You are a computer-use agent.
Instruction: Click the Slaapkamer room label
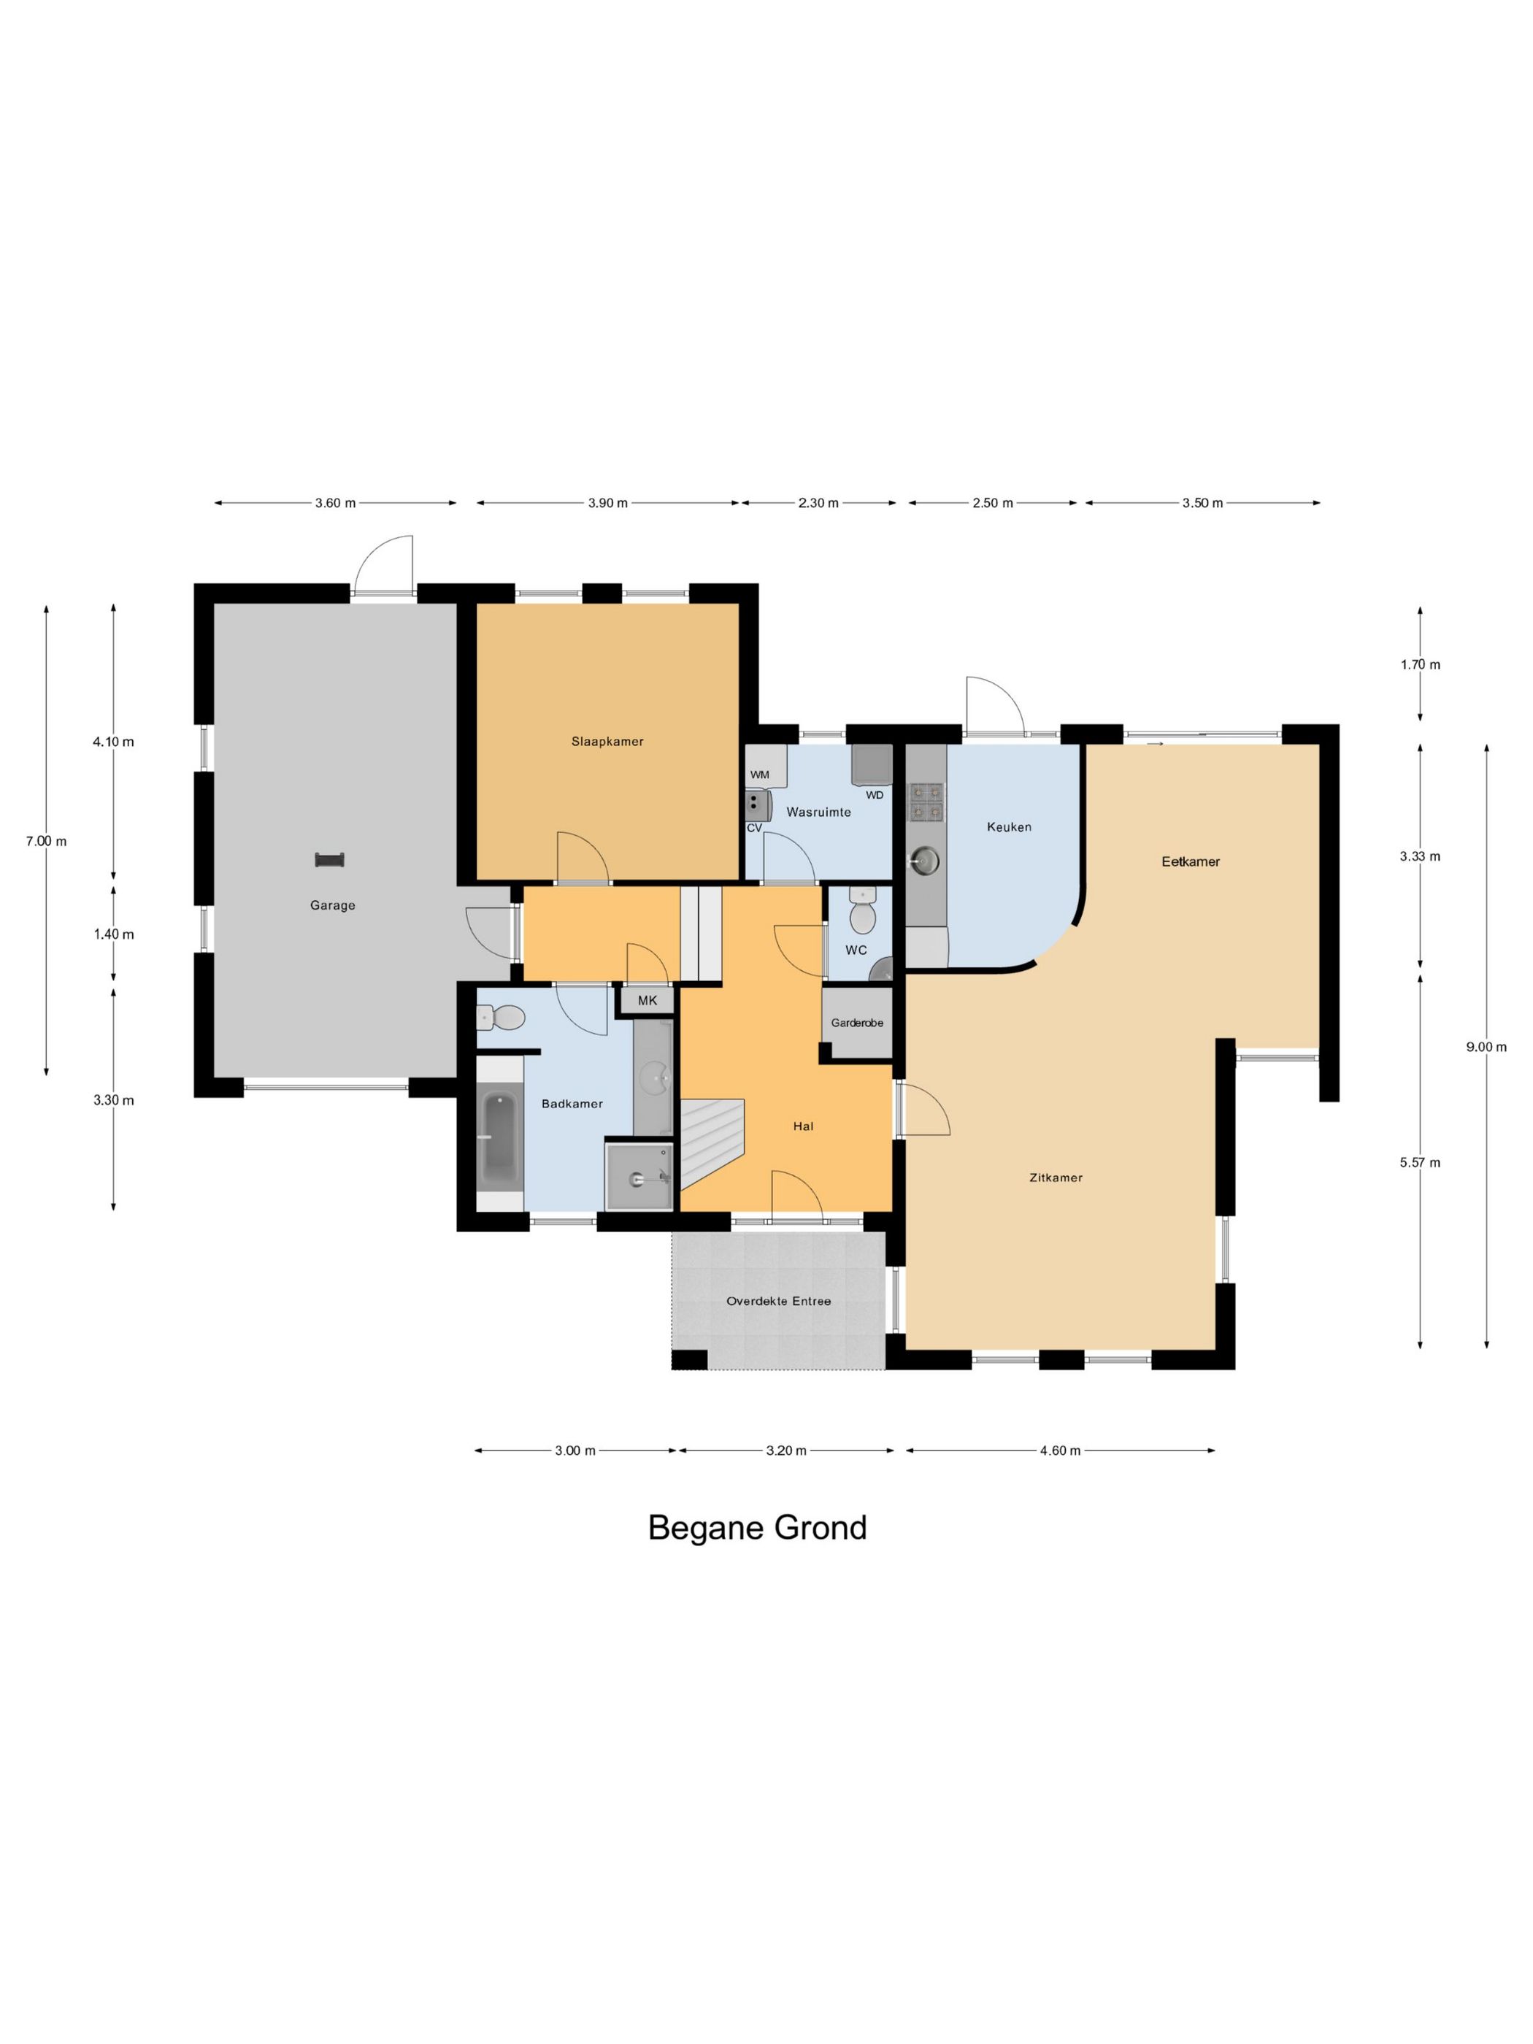point(607,741)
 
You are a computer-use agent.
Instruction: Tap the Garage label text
point(333,906)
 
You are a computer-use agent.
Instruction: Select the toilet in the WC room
point(862,912)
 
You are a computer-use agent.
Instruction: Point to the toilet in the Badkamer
point(500,1018)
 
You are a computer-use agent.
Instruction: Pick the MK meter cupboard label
point(648,1001)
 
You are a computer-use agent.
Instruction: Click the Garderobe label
point(856,1023)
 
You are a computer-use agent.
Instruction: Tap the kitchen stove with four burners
point(927,802)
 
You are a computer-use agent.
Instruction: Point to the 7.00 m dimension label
point(46,841)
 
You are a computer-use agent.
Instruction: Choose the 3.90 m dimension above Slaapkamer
point(608,503)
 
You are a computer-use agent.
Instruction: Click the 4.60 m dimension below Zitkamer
point(1060,1451)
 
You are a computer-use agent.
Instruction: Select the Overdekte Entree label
point(779,1301)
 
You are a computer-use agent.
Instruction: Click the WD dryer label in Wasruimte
point(874,795)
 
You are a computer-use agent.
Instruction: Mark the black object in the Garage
point(330,860)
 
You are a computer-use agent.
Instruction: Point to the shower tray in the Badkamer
point(639,1175)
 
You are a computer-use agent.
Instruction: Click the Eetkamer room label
point(1191,861)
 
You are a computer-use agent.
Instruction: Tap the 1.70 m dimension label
point(1421,664)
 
